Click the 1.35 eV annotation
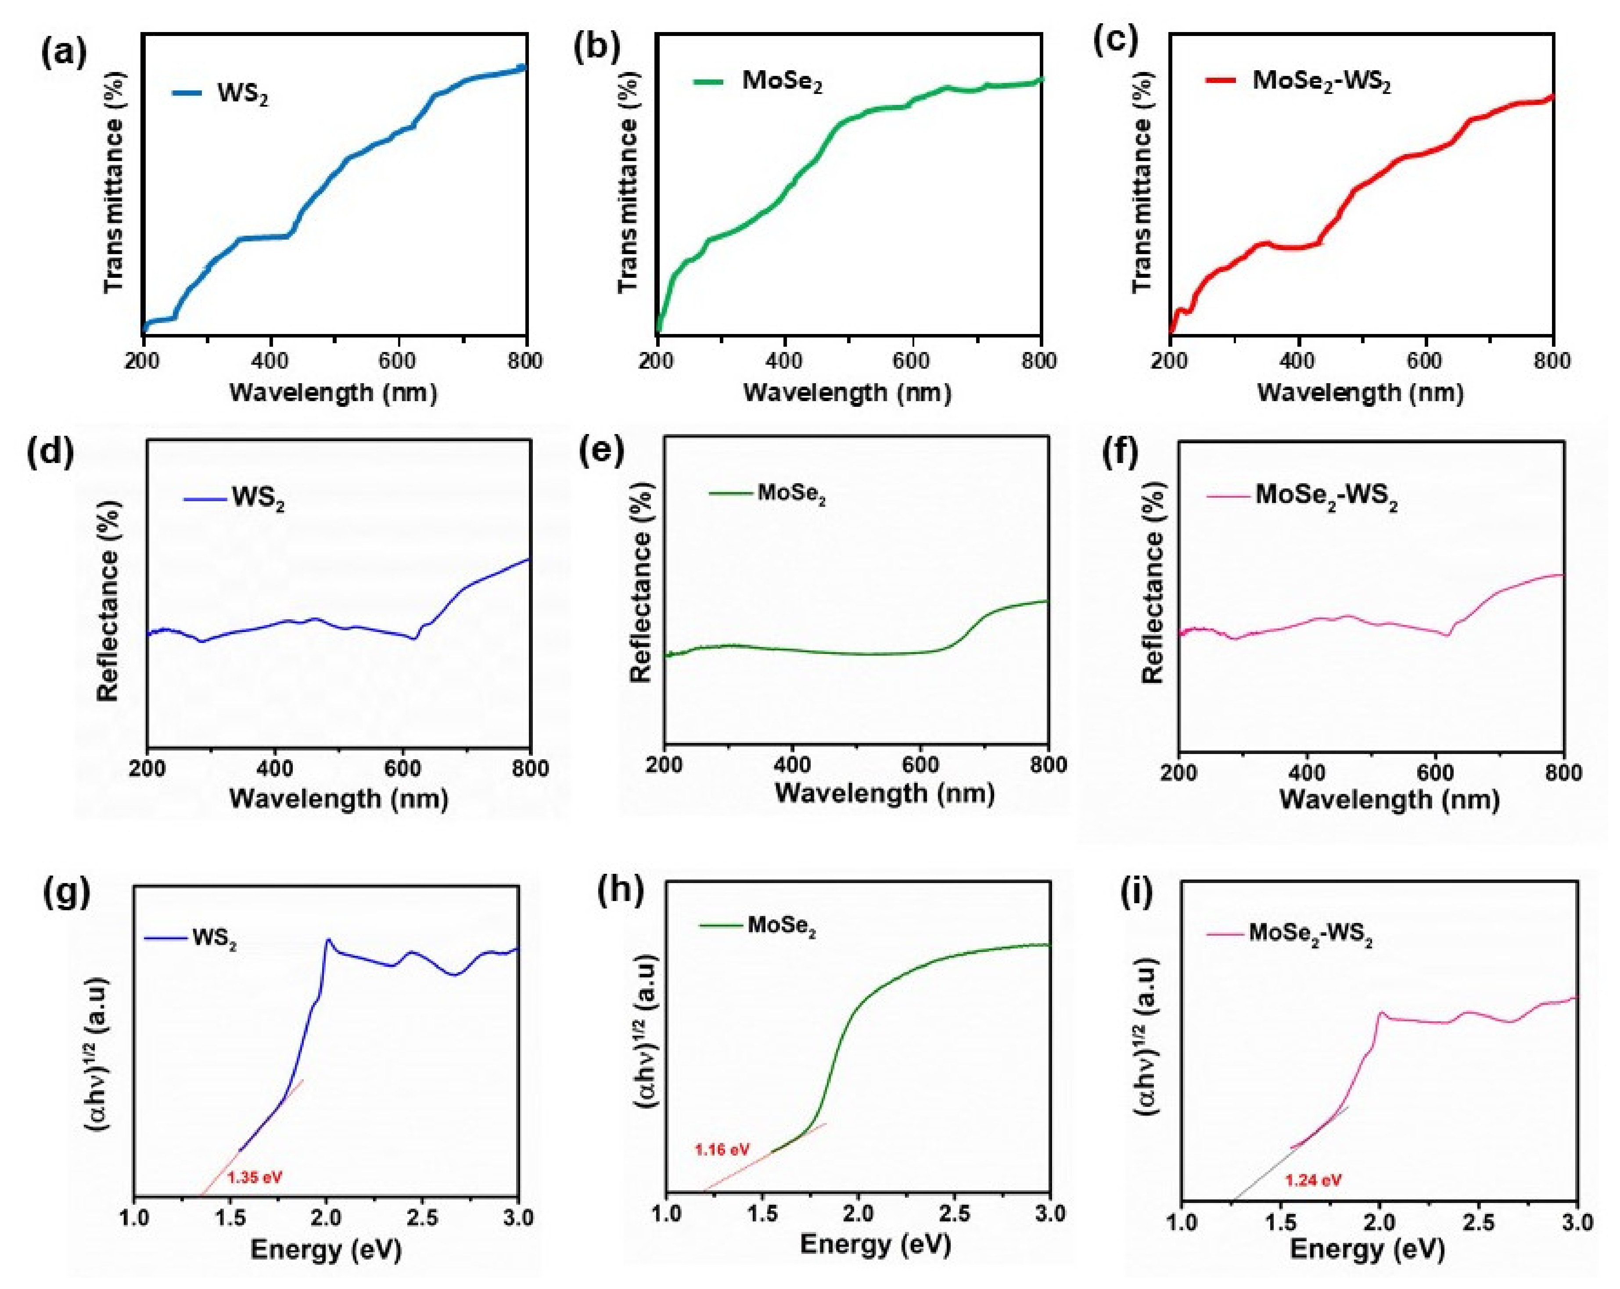point(255,1177)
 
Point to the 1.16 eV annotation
point(722,1149)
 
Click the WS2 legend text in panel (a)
point(243,95)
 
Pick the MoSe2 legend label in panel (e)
point(791,494)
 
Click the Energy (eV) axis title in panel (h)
point(875,1243)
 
